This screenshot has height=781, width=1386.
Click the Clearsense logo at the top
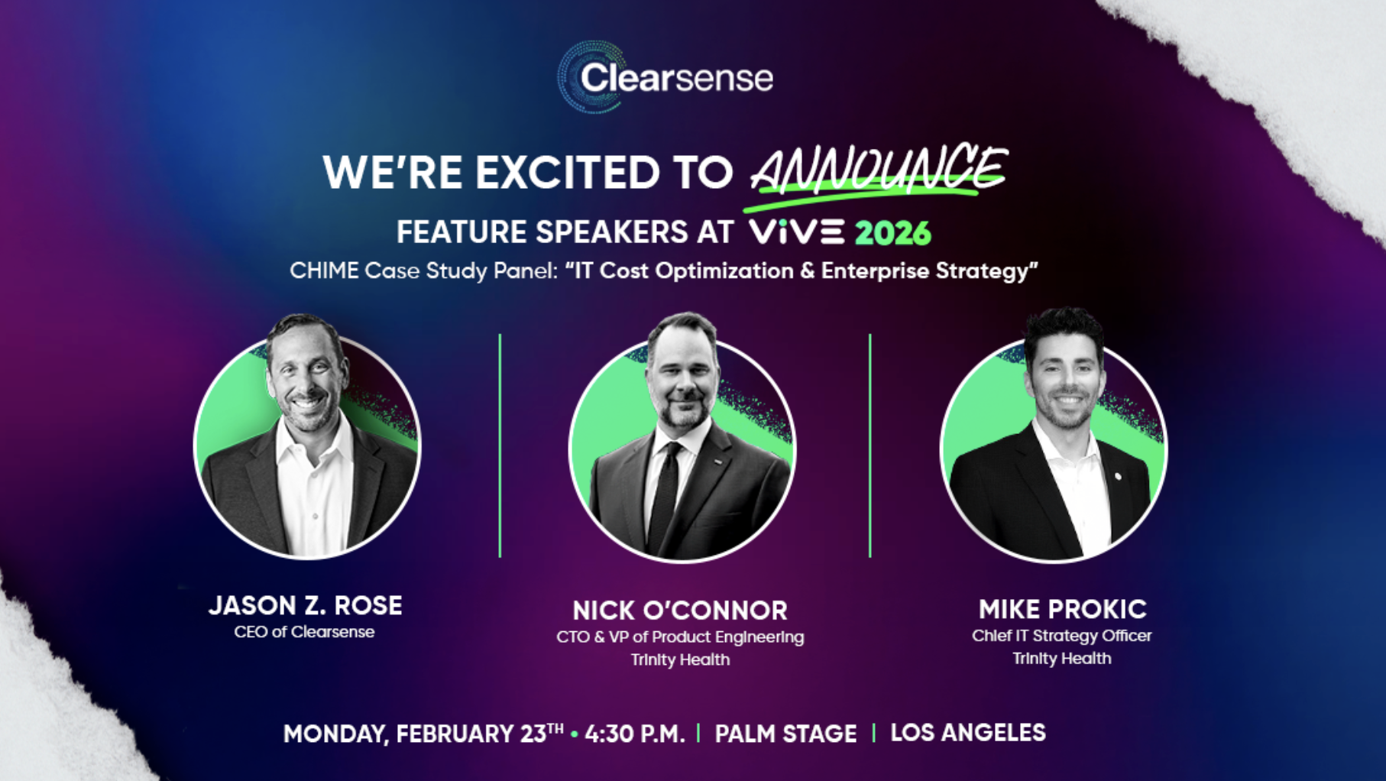[x=665, y=78]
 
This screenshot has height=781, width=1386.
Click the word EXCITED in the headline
[x=568, y=172]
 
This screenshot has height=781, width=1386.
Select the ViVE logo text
[x=796, y=232]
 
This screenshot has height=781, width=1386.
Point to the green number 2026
[x=892, y=233]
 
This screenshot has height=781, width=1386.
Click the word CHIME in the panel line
[x=322, y=271]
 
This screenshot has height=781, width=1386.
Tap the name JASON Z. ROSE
[x=306, y=605]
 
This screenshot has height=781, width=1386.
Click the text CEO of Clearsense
[x=304, y=632]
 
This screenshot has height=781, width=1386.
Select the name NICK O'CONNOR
[x=680, y=610]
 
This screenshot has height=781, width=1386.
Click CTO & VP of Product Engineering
[x=680, y=637]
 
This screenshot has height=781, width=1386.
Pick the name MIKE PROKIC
[x=1062, y=609]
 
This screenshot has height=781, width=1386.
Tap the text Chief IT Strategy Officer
[x=1061, y=636]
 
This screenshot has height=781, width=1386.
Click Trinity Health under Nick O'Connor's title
[x=680, y=659]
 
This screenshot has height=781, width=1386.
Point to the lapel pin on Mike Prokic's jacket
[x=1118, y=477]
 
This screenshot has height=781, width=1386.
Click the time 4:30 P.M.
[x=634, y=734]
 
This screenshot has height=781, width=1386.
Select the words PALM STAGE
[x=785, y=734]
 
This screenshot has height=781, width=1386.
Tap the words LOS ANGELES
[x=967, y=732]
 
